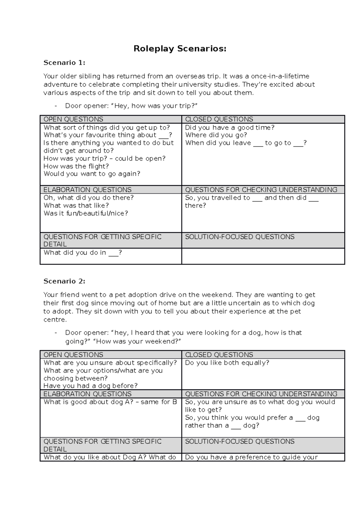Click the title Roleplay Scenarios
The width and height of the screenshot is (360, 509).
coord(180,49)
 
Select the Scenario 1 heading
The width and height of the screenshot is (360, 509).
coord(64,63)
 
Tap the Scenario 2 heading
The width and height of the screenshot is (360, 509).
coord(64,281)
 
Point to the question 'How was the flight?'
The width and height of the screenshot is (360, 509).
coord(76,166)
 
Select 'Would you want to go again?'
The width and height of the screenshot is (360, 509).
coord(92,174)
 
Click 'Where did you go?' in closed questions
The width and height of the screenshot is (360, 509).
coord(216,135)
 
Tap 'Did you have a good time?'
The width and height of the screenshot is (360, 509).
coord(229,128)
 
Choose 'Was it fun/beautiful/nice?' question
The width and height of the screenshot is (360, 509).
coord(86,213)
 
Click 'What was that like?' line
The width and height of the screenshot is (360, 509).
coord(76,206)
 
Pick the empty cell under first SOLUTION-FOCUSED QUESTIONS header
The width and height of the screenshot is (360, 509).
coord(263,256)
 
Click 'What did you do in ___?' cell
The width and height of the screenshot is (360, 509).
coord(82,253)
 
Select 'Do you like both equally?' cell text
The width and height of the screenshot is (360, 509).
coord(227,363)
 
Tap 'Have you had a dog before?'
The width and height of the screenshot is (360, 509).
coord(90,386)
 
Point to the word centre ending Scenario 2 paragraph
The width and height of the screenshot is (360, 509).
coord(55,320)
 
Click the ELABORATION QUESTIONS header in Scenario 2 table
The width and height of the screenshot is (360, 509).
coord(87,394)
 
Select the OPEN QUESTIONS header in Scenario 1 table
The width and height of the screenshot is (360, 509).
coord(73,119)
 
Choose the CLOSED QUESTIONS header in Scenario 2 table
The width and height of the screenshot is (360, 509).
coord(219,355)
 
